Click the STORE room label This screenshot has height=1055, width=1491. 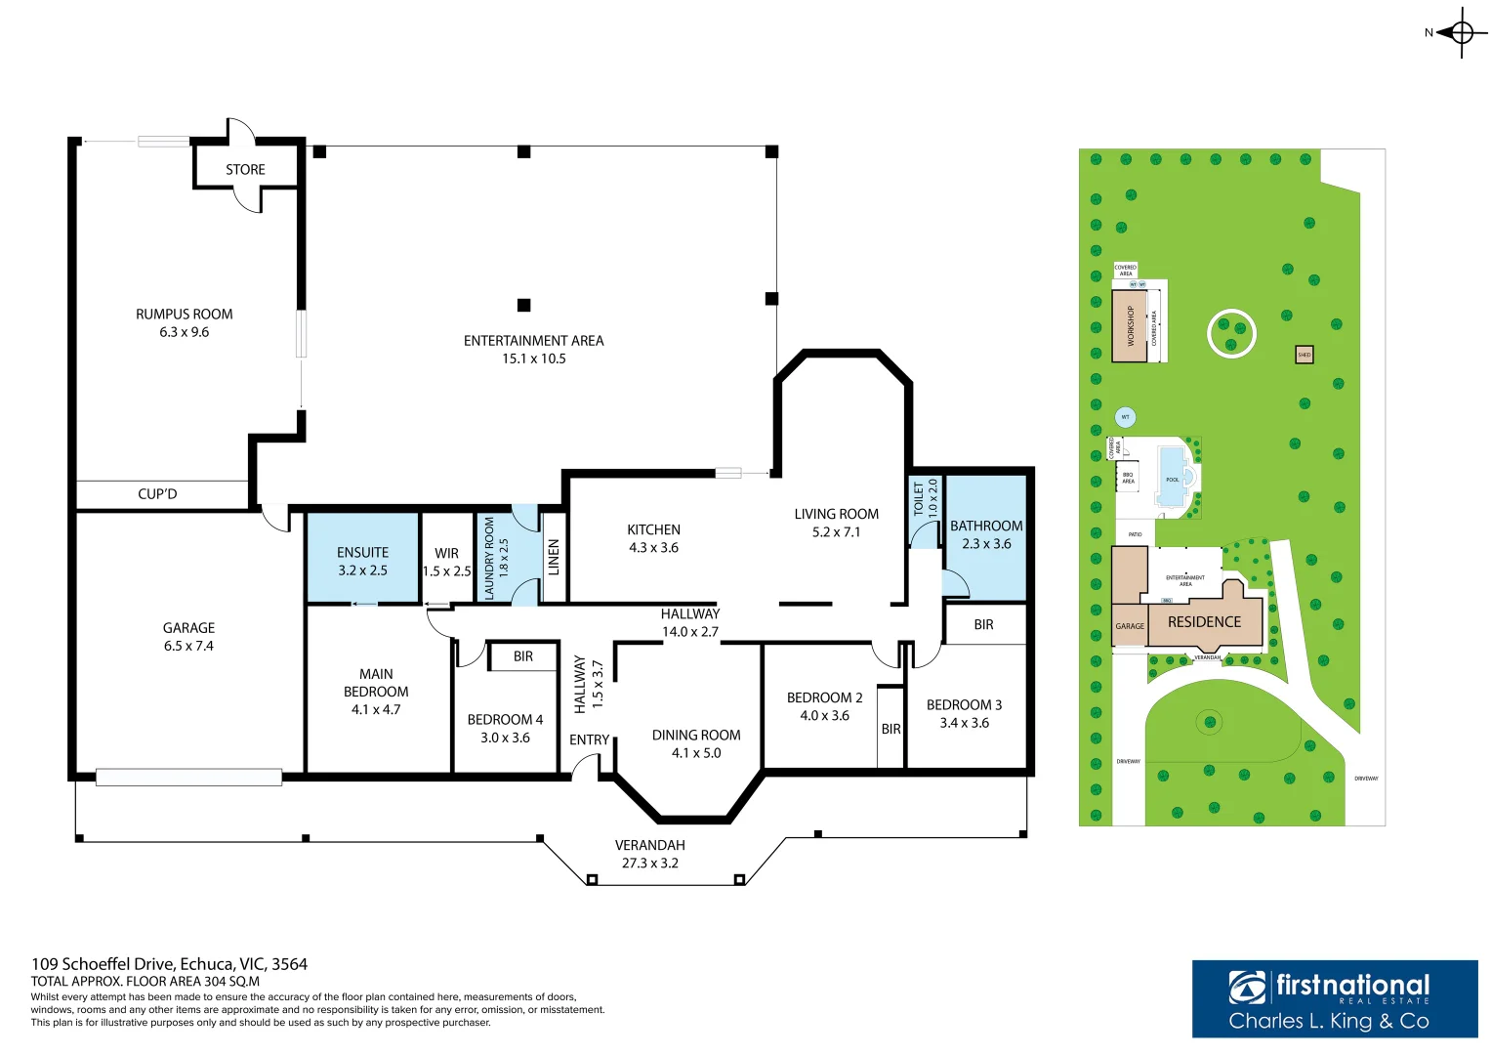click(x=245, y=170)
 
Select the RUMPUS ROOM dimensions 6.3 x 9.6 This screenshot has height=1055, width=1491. click(x=185, y=332)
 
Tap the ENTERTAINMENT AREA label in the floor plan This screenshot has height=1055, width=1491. click(x=533, y=341)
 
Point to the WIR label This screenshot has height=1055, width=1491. click(x=446, y=553)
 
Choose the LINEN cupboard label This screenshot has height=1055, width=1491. click(x=554, y=557)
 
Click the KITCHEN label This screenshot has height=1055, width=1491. click(x=653, y=529)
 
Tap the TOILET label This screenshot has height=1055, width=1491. click(x=919, y=497)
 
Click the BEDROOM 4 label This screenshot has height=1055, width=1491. click(x=505, y=720)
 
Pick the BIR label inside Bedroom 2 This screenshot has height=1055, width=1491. click(x=890, y=729)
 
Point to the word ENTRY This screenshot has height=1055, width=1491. click(x=589, y=740)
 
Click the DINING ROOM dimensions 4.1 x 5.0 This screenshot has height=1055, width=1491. click(x=696, y=753)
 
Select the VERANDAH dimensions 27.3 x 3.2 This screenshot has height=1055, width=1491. click(x=649, y=864)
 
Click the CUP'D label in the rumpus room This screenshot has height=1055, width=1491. click(x=157, y=494)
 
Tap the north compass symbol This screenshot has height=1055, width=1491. click(x=1460, y=33)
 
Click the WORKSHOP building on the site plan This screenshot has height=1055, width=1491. click(x=1130, y=326)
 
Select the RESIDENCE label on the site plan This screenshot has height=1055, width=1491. click(x=1204, y=622)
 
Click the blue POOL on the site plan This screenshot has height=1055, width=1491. click(x=1171, y=477)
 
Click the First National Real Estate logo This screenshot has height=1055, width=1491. click(x=1334, y=998)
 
